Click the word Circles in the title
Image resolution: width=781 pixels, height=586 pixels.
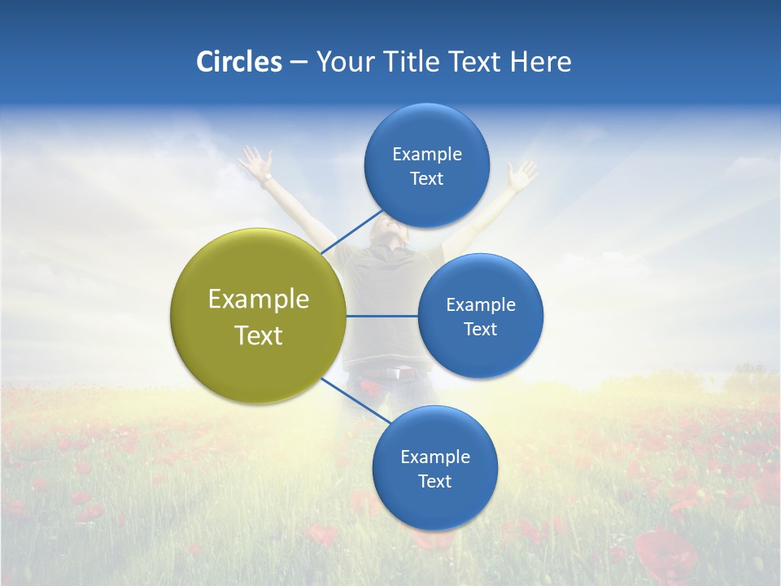pyautogui.click(x=239, y=62)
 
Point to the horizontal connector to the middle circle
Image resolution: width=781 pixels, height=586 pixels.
pyautogui.click(x=382, y=316)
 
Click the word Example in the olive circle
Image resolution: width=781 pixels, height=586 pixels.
pyautogui.click(x=258, y=300)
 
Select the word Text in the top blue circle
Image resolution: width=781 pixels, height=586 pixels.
pyautogui.click(x=426, y=179)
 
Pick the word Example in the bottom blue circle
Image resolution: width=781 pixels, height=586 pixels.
pyautogui.click(x=434, y=457)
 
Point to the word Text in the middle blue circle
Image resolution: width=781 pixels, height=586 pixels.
pyautogui.click(x=480, y=329)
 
